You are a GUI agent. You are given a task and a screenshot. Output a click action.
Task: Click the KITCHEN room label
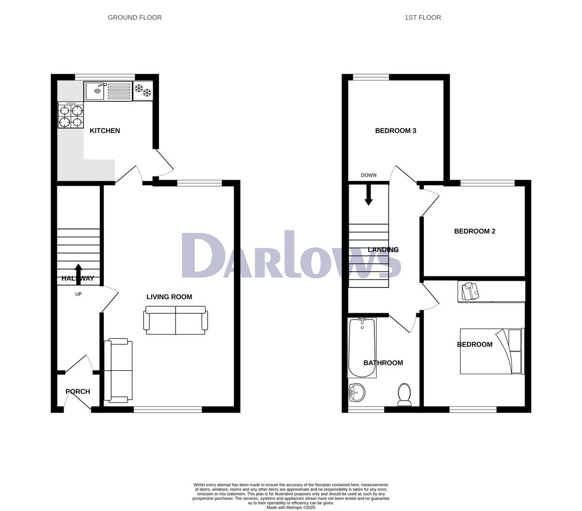coord(105,130)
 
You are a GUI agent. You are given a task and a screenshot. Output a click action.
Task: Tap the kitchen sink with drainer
coord(108,91)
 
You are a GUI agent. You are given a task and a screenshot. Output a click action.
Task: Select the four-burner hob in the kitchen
coord(70,115)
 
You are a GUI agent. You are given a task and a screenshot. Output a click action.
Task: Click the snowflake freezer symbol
coord(143,91)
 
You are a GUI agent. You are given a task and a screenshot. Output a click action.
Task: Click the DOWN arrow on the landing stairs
coord(369,196)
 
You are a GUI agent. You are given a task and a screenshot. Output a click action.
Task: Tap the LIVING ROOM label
coord(169,297)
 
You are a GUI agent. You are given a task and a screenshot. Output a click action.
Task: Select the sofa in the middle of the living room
coord(176,320)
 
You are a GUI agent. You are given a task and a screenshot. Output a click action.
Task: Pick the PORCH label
coord(78,391)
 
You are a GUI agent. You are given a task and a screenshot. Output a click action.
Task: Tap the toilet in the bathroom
coord(404,394)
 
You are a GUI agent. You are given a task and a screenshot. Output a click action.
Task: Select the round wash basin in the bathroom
coord(357,392)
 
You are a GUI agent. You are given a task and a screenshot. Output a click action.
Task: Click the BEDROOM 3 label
coord(396,130)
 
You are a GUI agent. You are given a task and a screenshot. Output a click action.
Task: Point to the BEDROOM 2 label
coord(474,231)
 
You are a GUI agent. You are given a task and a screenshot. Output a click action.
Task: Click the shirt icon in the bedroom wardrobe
coord(469,291)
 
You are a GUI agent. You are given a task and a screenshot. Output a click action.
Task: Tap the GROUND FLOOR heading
coord(135,17)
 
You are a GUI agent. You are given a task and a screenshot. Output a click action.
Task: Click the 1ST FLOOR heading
coord(423,17)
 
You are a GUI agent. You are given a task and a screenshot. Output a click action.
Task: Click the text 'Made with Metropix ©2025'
coord(291,508)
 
